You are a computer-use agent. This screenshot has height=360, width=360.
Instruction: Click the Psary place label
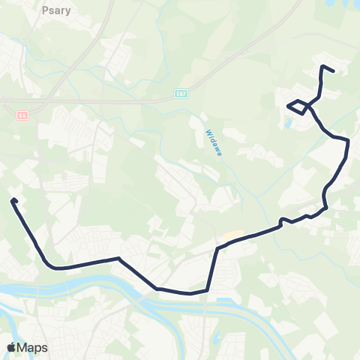[51, 12]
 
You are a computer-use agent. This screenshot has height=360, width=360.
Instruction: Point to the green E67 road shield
[174, 96]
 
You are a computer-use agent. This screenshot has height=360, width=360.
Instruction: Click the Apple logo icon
[11, 347]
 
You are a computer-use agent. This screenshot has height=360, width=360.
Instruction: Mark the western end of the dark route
[13, 200]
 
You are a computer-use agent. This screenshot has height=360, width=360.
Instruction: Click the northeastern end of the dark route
[333, 71]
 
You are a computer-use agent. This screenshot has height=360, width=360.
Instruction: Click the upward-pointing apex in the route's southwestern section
[118, 259]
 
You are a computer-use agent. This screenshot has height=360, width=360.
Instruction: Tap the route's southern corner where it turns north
[206, 290]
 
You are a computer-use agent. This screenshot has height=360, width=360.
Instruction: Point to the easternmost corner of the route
[349, 140]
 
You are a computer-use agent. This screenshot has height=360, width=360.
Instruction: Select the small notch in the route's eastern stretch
[282, 220]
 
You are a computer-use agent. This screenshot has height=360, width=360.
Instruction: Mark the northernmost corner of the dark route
[322, 67]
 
